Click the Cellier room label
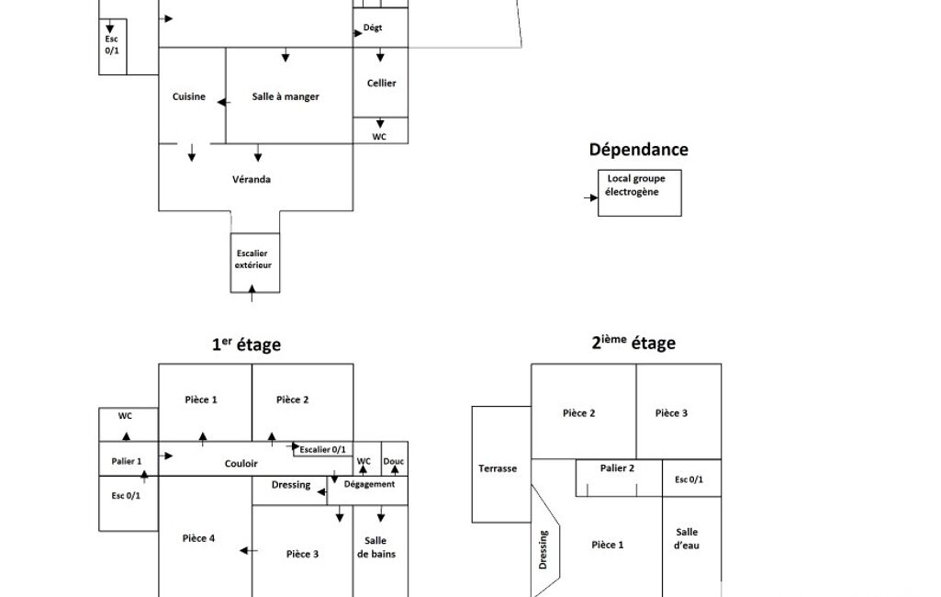[x=381, y=84]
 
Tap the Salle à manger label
[x=286, y=96]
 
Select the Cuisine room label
[x=189, y=96]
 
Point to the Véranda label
[x=252, y=179]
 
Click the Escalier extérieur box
[x=254, y=260]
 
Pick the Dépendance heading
[x=638, y=150]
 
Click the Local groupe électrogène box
[x=639, y=193]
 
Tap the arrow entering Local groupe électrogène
[x=590, y=197]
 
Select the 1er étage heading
[x=246, y=345]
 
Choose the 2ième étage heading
[x=633, y=344]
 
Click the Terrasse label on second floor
[x=498, y=468]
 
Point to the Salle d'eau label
[x=687, y=538]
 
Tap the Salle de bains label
[x=376, y=547]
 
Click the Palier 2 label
[x=618, y=468]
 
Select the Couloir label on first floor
[x=241, y=464]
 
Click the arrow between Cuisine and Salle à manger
[x=223, y=101]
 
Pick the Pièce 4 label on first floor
[x=199, y=538]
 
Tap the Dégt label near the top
[x=373, y=28]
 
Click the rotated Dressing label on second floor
[x=543, y=549]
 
